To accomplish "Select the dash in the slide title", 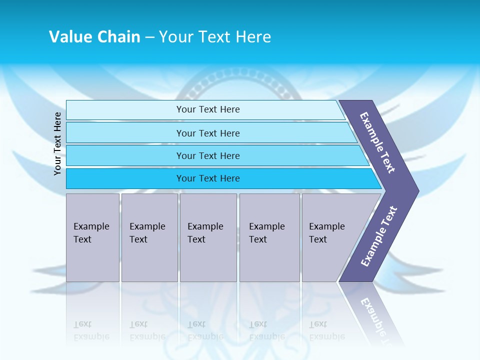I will click(149, 37).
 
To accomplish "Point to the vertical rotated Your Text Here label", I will click(57, 143).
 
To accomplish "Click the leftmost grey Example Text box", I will click(92, 237).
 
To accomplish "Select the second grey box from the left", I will click(149, 237).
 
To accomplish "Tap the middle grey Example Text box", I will click(208, 237).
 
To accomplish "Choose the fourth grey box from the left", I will click(269, 237).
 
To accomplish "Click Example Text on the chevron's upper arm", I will click(377, 142).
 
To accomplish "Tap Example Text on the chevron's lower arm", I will click(379, 236).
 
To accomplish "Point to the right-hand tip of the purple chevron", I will click(417, 191).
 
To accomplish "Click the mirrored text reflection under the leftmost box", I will click(91, 330).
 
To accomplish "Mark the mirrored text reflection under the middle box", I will click(205, 330).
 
